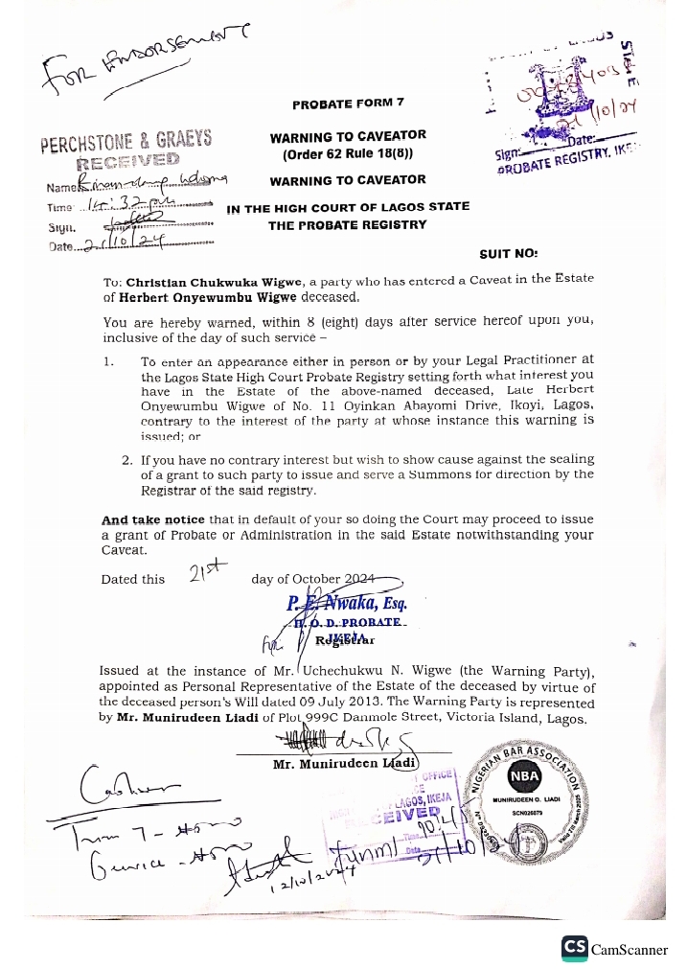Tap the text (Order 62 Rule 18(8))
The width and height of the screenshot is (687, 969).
[x=348, y=153]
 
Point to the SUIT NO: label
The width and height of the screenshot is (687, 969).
[x=509, y=255]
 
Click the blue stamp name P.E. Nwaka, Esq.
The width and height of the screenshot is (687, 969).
[x=347, y=604]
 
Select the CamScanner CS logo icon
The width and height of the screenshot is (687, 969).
[x=575, y=948]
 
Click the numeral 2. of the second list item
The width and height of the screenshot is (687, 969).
[x=127, y=460]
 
